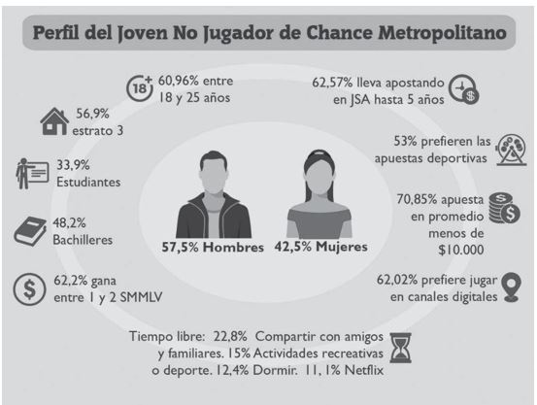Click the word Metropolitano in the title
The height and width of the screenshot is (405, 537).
[x=440, y=33]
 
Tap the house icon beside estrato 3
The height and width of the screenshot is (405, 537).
[x=57, y=122]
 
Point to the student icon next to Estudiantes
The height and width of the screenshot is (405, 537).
[x=30, y=173]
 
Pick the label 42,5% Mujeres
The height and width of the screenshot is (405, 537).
[x=321, y=247]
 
